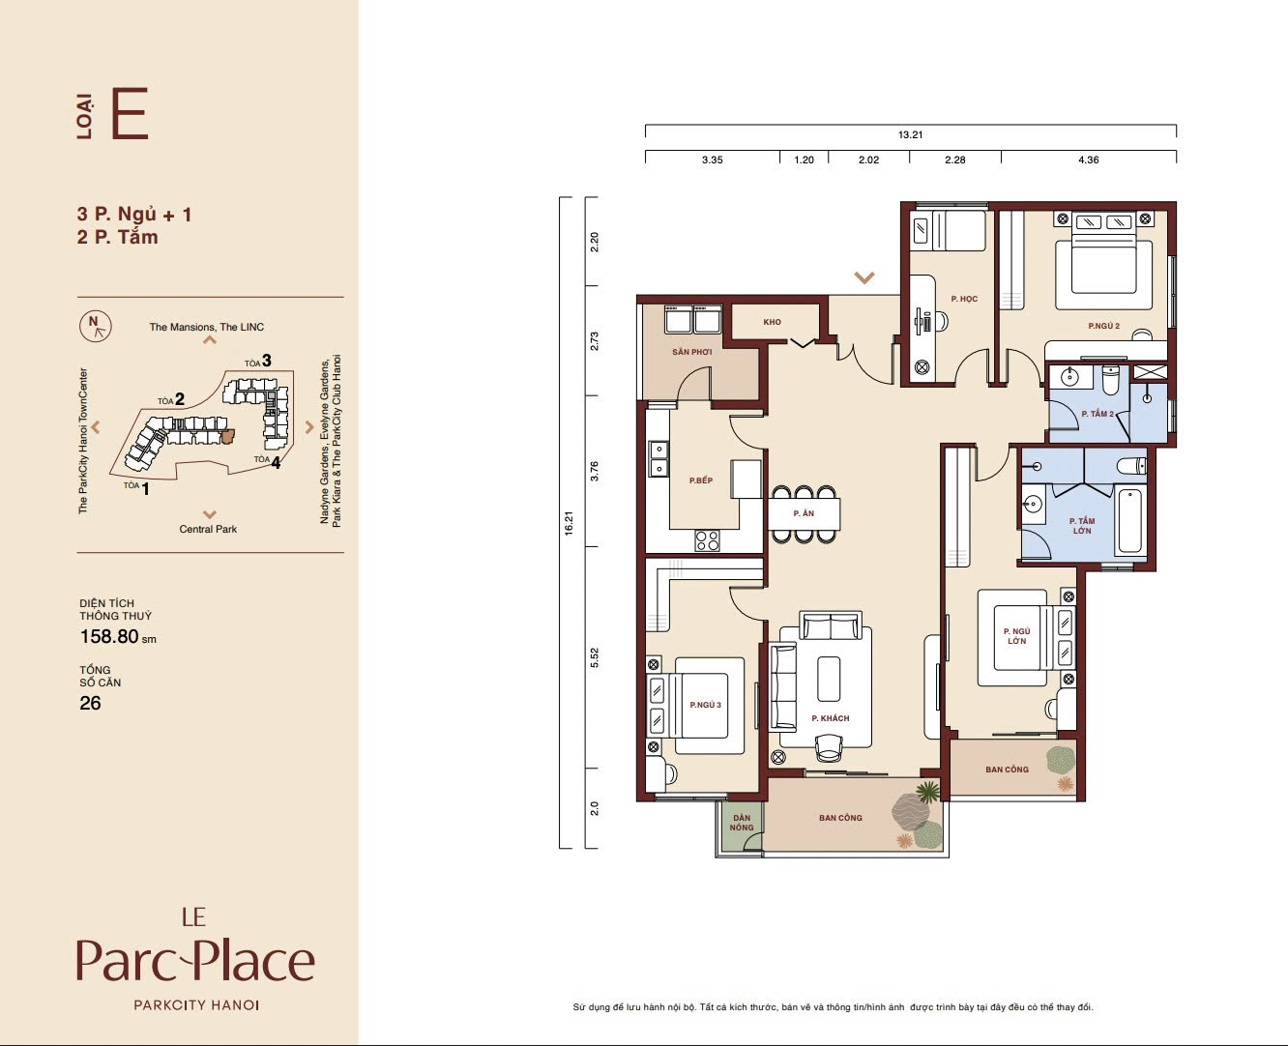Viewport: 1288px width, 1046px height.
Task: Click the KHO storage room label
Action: pos(773,322)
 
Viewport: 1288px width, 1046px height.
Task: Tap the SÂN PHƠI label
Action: pos(691,351)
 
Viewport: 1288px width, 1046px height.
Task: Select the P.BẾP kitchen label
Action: pos(701,480)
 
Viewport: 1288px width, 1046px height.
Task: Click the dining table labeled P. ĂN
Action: pos(804,513)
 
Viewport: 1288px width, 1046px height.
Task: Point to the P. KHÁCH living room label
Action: pos(831,718)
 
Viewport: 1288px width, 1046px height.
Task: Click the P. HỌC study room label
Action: pos(964,299)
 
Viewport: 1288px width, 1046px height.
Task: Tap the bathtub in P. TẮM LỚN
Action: pos(1129,521)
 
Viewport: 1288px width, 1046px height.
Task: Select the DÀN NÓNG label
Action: pos(742,823)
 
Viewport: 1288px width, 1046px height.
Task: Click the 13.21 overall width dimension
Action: pos(910,134)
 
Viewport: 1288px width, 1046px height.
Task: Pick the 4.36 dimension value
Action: pos(1089,160)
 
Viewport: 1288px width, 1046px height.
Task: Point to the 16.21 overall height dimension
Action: pos(569,523)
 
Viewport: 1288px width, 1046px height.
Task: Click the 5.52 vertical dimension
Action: pos(595,657)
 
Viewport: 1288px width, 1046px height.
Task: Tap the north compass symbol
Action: pos(96,327)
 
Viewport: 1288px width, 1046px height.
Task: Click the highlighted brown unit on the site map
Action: pos(227,437)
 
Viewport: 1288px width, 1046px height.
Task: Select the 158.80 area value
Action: pos(109,636)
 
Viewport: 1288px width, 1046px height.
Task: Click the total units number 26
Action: pos(90,703)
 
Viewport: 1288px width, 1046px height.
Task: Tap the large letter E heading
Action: pos(130,114)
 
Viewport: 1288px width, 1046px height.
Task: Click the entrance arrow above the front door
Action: pos(864,277)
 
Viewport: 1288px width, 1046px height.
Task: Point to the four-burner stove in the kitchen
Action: pos(707,540)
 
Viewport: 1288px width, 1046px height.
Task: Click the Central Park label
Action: pos(208,529)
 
